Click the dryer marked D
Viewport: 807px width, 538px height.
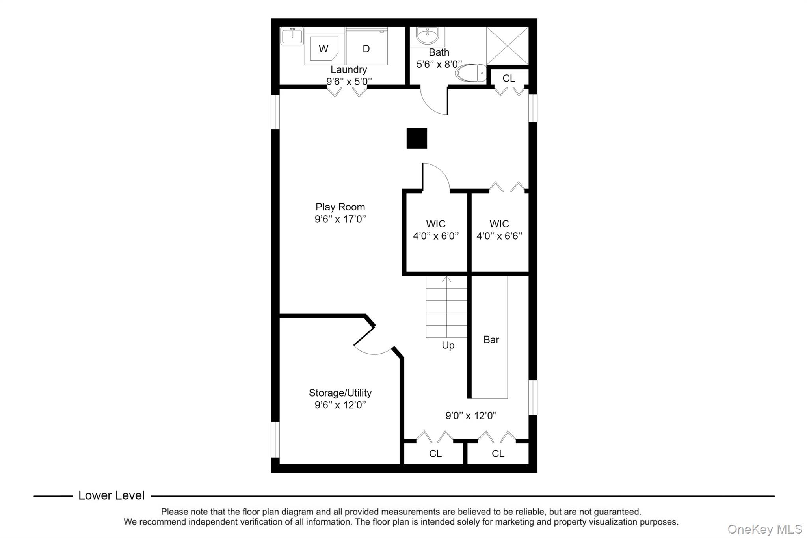[366, 46]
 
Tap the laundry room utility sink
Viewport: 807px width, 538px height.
[292, 36]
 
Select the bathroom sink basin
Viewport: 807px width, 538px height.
[427, 36]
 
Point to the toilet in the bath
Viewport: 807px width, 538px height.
[471, 73]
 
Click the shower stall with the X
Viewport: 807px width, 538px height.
[508, 46]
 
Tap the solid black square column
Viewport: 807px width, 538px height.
[417, 138]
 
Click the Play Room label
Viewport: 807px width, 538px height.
[340, 207]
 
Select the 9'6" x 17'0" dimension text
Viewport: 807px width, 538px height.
[340, 219]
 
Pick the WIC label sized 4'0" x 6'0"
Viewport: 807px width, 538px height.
[436, 224]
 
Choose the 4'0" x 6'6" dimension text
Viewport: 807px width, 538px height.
[500, 236]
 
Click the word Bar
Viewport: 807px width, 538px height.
[491, 340]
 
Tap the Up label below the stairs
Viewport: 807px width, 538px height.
[448, 346]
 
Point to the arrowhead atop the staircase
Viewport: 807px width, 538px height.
[446, 279]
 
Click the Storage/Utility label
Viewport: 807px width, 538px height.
[340, 393]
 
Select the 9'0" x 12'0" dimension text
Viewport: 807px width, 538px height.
[471, 415]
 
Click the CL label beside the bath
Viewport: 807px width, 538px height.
[509, 78]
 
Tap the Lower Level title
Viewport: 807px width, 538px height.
[112, 495]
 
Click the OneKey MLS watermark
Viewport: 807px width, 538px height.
[765, 529]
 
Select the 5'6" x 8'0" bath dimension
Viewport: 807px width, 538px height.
[439, 64]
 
